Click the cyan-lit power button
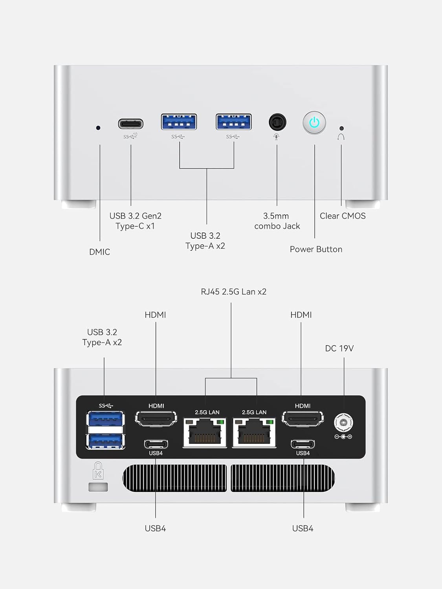[x=314, y=123]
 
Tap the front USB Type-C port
[x=131, y=124]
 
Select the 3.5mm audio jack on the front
[x=277, y=123]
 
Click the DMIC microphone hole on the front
[x=98, y=128]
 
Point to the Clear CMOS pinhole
[x=341, y=128]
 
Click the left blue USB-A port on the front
[x=179, y=122]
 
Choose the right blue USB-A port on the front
[x=234, y=122]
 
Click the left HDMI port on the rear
[x=156, y=419]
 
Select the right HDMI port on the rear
[x=303, y=419]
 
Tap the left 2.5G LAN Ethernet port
[x=205, y=433]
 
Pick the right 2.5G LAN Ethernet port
[x=254, y=433]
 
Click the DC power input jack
[x=343, y=423]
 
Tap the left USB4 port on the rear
[x=156, y=444]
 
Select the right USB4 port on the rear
[x=303, y=444]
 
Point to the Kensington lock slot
[x=98, y=487]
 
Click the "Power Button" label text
[x=316, y=249]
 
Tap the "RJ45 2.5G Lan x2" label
[x=233, y=292]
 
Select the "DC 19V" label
[x=339, y=348]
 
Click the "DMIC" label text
[x=99, y=252]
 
